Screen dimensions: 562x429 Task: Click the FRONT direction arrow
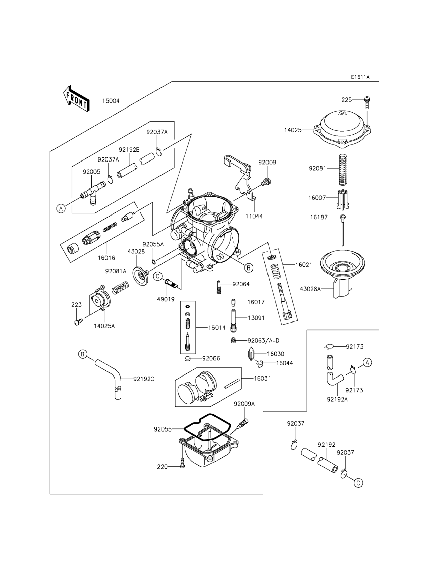click(76, 98)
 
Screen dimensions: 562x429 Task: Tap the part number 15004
click(111, 101)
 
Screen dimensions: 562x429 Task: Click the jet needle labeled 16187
click(342, 230)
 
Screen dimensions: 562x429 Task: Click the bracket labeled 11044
click(243, 179)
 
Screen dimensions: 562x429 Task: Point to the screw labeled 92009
click(266, 182)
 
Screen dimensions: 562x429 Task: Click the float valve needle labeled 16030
click(251, 354)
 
